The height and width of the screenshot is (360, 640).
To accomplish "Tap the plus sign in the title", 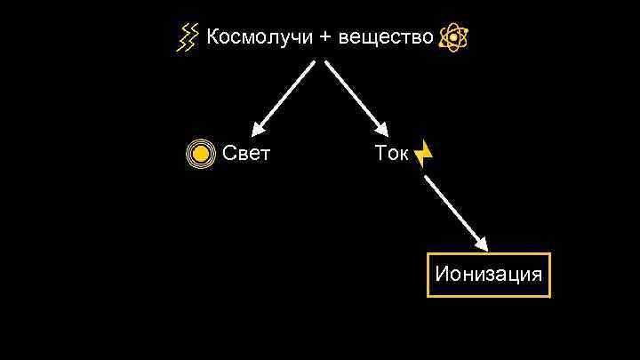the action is point(326,38).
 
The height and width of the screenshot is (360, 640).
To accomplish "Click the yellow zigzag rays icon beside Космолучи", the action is point(188,38).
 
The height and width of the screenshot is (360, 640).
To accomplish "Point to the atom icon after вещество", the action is point(453,38).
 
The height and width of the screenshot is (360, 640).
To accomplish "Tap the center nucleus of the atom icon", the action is point(453,38).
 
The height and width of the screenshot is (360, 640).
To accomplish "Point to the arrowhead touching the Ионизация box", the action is point(482,243).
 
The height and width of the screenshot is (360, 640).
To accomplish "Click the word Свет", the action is point(246,154).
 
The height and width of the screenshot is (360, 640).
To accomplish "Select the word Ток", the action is point(392,154).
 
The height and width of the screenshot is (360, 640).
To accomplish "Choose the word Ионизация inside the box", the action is point(488,274).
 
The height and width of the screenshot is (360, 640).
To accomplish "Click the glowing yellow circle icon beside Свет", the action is point(202,155).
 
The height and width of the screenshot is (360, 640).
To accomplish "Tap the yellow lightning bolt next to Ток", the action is point(424,154).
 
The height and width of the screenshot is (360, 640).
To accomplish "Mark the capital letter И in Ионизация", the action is point(442,274).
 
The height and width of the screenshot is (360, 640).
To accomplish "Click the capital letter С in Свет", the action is point(229,154).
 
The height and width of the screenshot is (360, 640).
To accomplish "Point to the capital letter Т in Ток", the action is point(380,154).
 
